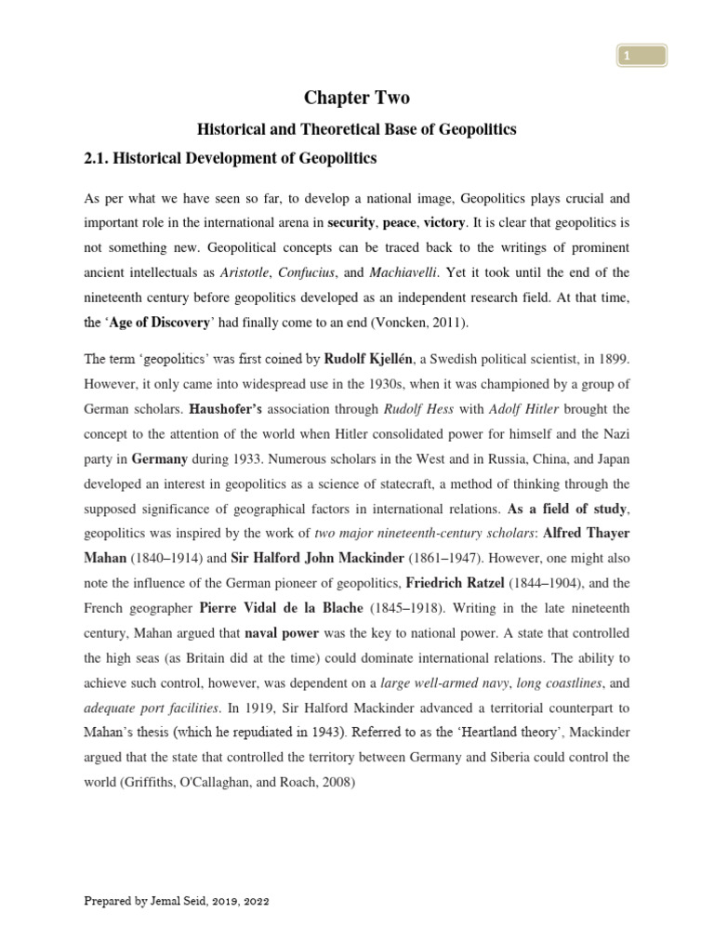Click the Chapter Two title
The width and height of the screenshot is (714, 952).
click(x=358, y=98)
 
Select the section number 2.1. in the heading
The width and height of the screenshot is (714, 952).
click(x=99, y=159)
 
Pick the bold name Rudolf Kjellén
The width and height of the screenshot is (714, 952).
click(x=375, y=360)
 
